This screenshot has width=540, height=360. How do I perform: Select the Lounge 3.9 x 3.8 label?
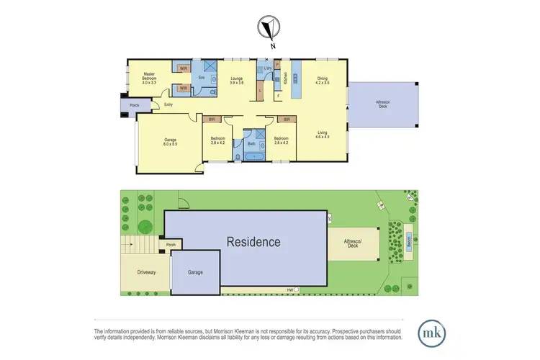coord(237,81)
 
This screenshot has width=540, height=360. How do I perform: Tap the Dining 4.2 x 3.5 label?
coord(322,81)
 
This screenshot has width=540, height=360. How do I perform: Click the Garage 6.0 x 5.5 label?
coord(170,142)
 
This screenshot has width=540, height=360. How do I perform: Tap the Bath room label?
coord(251,144)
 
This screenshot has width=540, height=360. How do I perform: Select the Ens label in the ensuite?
coord(202,76)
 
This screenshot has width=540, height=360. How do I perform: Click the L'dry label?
coord(267,68)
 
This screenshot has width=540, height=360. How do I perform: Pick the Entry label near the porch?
coord(168,105)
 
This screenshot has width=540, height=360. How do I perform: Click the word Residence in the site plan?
coord(253,242)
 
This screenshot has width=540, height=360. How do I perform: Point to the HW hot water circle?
coord(295,289)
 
